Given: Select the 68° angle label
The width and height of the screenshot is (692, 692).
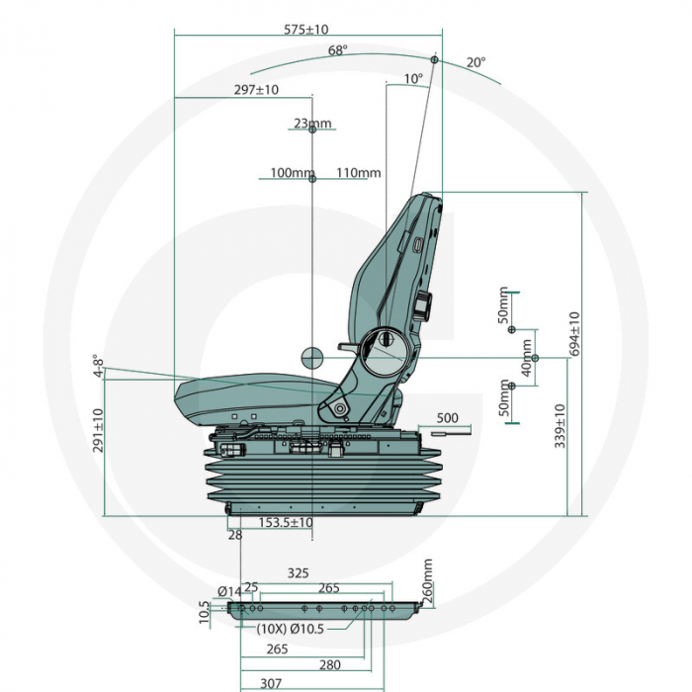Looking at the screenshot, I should [338, 50].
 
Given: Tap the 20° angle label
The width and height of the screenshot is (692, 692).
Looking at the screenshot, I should [476, 62].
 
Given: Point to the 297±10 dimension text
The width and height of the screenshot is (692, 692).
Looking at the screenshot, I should [256, 90].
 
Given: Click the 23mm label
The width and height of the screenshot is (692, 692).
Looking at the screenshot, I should [312, 124].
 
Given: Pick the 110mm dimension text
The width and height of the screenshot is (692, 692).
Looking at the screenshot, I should [358, 173].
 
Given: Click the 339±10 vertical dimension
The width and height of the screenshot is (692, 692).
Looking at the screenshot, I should [561, 425].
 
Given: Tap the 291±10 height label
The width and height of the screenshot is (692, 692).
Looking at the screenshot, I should [97, 431].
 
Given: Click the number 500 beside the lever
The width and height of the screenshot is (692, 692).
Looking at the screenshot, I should [447, 418].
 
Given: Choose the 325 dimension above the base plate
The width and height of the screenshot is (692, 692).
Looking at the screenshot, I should [298, 572].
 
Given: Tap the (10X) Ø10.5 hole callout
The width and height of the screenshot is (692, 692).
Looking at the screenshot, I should [289, 628].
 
